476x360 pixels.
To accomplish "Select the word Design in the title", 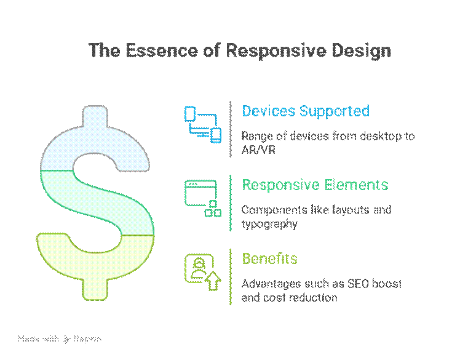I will click(x=365, y=50).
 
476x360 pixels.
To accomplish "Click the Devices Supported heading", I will click(x=306, y=111).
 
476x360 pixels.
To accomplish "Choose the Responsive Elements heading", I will click(x=315, y=185).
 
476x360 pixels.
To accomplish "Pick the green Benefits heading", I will click(x=270, y=259).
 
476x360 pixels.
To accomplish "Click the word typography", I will click(x=269, y=224).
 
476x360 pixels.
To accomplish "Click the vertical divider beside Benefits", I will click(x=231, y=277).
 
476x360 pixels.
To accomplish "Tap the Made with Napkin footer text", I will click(x=60, y=339).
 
